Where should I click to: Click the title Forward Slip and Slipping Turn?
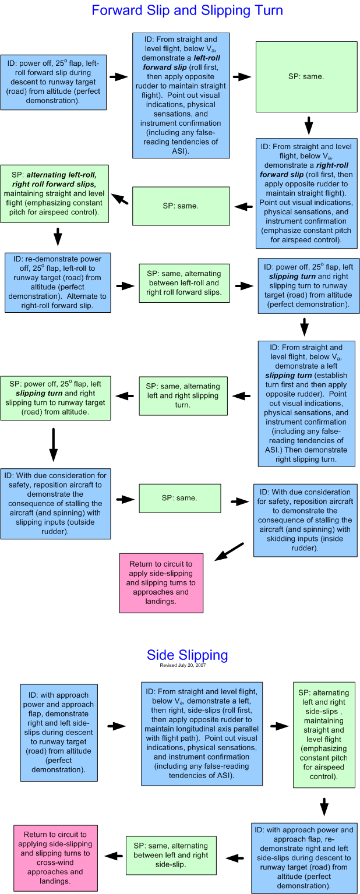(x=187, y=10)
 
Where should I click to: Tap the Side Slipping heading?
(x=187, y=655)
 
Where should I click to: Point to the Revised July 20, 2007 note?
(x=182, y=665)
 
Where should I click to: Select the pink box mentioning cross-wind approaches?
(x=55, y=857)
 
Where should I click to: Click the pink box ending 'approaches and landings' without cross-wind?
(x=161, y=582)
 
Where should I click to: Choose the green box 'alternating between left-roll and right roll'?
(x=184, y=282)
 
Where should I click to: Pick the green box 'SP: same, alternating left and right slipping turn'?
(x=183, y=395)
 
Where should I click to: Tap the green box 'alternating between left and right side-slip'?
(x=171, y=855)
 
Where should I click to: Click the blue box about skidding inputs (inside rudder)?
(x=305, y=520)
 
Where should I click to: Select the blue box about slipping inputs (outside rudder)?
(x=55, y=503)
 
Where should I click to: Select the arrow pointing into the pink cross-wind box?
(x=114, y=856)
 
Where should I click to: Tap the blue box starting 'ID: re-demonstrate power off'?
(x=58, y=282)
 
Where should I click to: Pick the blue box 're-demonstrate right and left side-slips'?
(x=303, y=858)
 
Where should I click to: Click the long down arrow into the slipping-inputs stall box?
(x=54, y=445)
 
